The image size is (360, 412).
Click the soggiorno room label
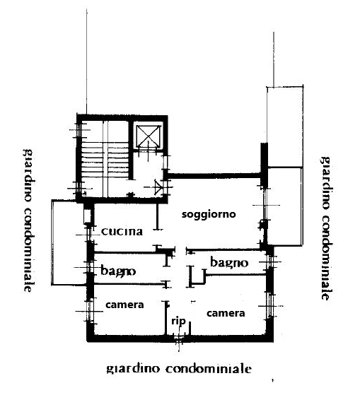[209, 214]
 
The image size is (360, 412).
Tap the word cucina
[122, 232]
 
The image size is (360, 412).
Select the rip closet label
[178, 321]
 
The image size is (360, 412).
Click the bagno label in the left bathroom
[118, 271]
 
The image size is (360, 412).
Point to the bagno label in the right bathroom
[229, 262]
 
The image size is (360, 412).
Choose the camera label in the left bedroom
[124, 305]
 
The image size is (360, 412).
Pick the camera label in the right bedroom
[226, 313]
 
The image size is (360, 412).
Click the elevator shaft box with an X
[149, 136]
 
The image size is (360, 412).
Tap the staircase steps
[105, 161]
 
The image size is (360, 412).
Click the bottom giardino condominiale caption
[179, 368]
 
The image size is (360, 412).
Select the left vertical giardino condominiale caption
[28, 220]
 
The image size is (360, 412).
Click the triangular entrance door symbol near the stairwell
[158, 187]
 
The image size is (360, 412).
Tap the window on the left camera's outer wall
[89, 311]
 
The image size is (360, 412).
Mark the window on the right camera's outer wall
[270, 306]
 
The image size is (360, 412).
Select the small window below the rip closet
[179, 339]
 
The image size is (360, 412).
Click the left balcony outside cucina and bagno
[69, 242]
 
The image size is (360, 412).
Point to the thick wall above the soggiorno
[213, 175]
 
